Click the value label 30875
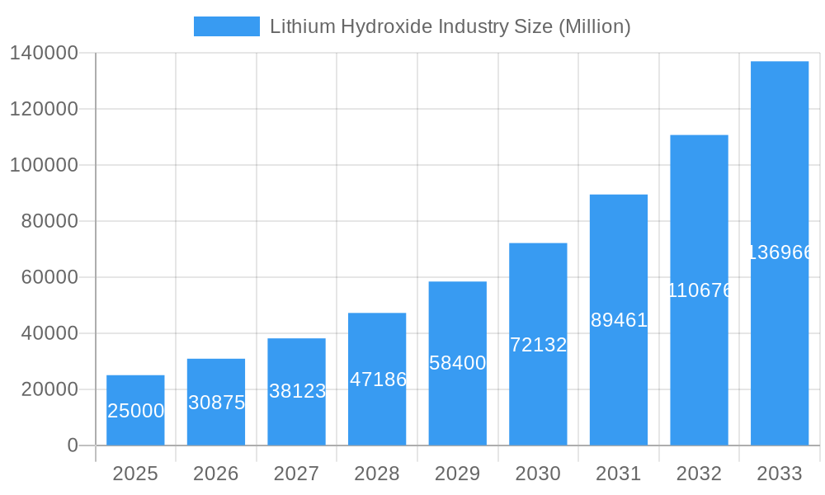tap(216, 403)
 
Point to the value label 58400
tap(458, 363)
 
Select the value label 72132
tap(538, 345)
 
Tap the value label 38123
tap(297, 391)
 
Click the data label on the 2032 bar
tap(699, 290)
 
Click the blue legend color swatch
tap(226, 26)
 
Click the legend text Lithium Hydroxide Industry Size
tap(450, 26)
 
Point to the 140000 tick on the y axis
tap(44, 54)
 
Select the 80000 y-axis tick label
tap(49, 221)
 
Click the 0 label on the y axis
tap(73, 445)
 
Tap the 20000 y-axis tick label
tap(49, 389)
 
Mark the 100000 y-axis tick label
tap(44, 165)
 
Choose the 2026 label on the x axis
tap(216, 474)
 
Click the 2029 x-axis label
tap(458, 474)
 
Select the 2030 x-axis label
tap(538, 474)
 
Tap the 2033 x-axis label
tap(780, 474)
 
